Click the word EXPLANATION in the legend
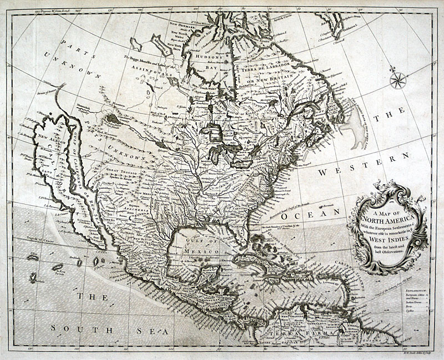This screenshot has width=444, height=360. pos(417,290)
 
